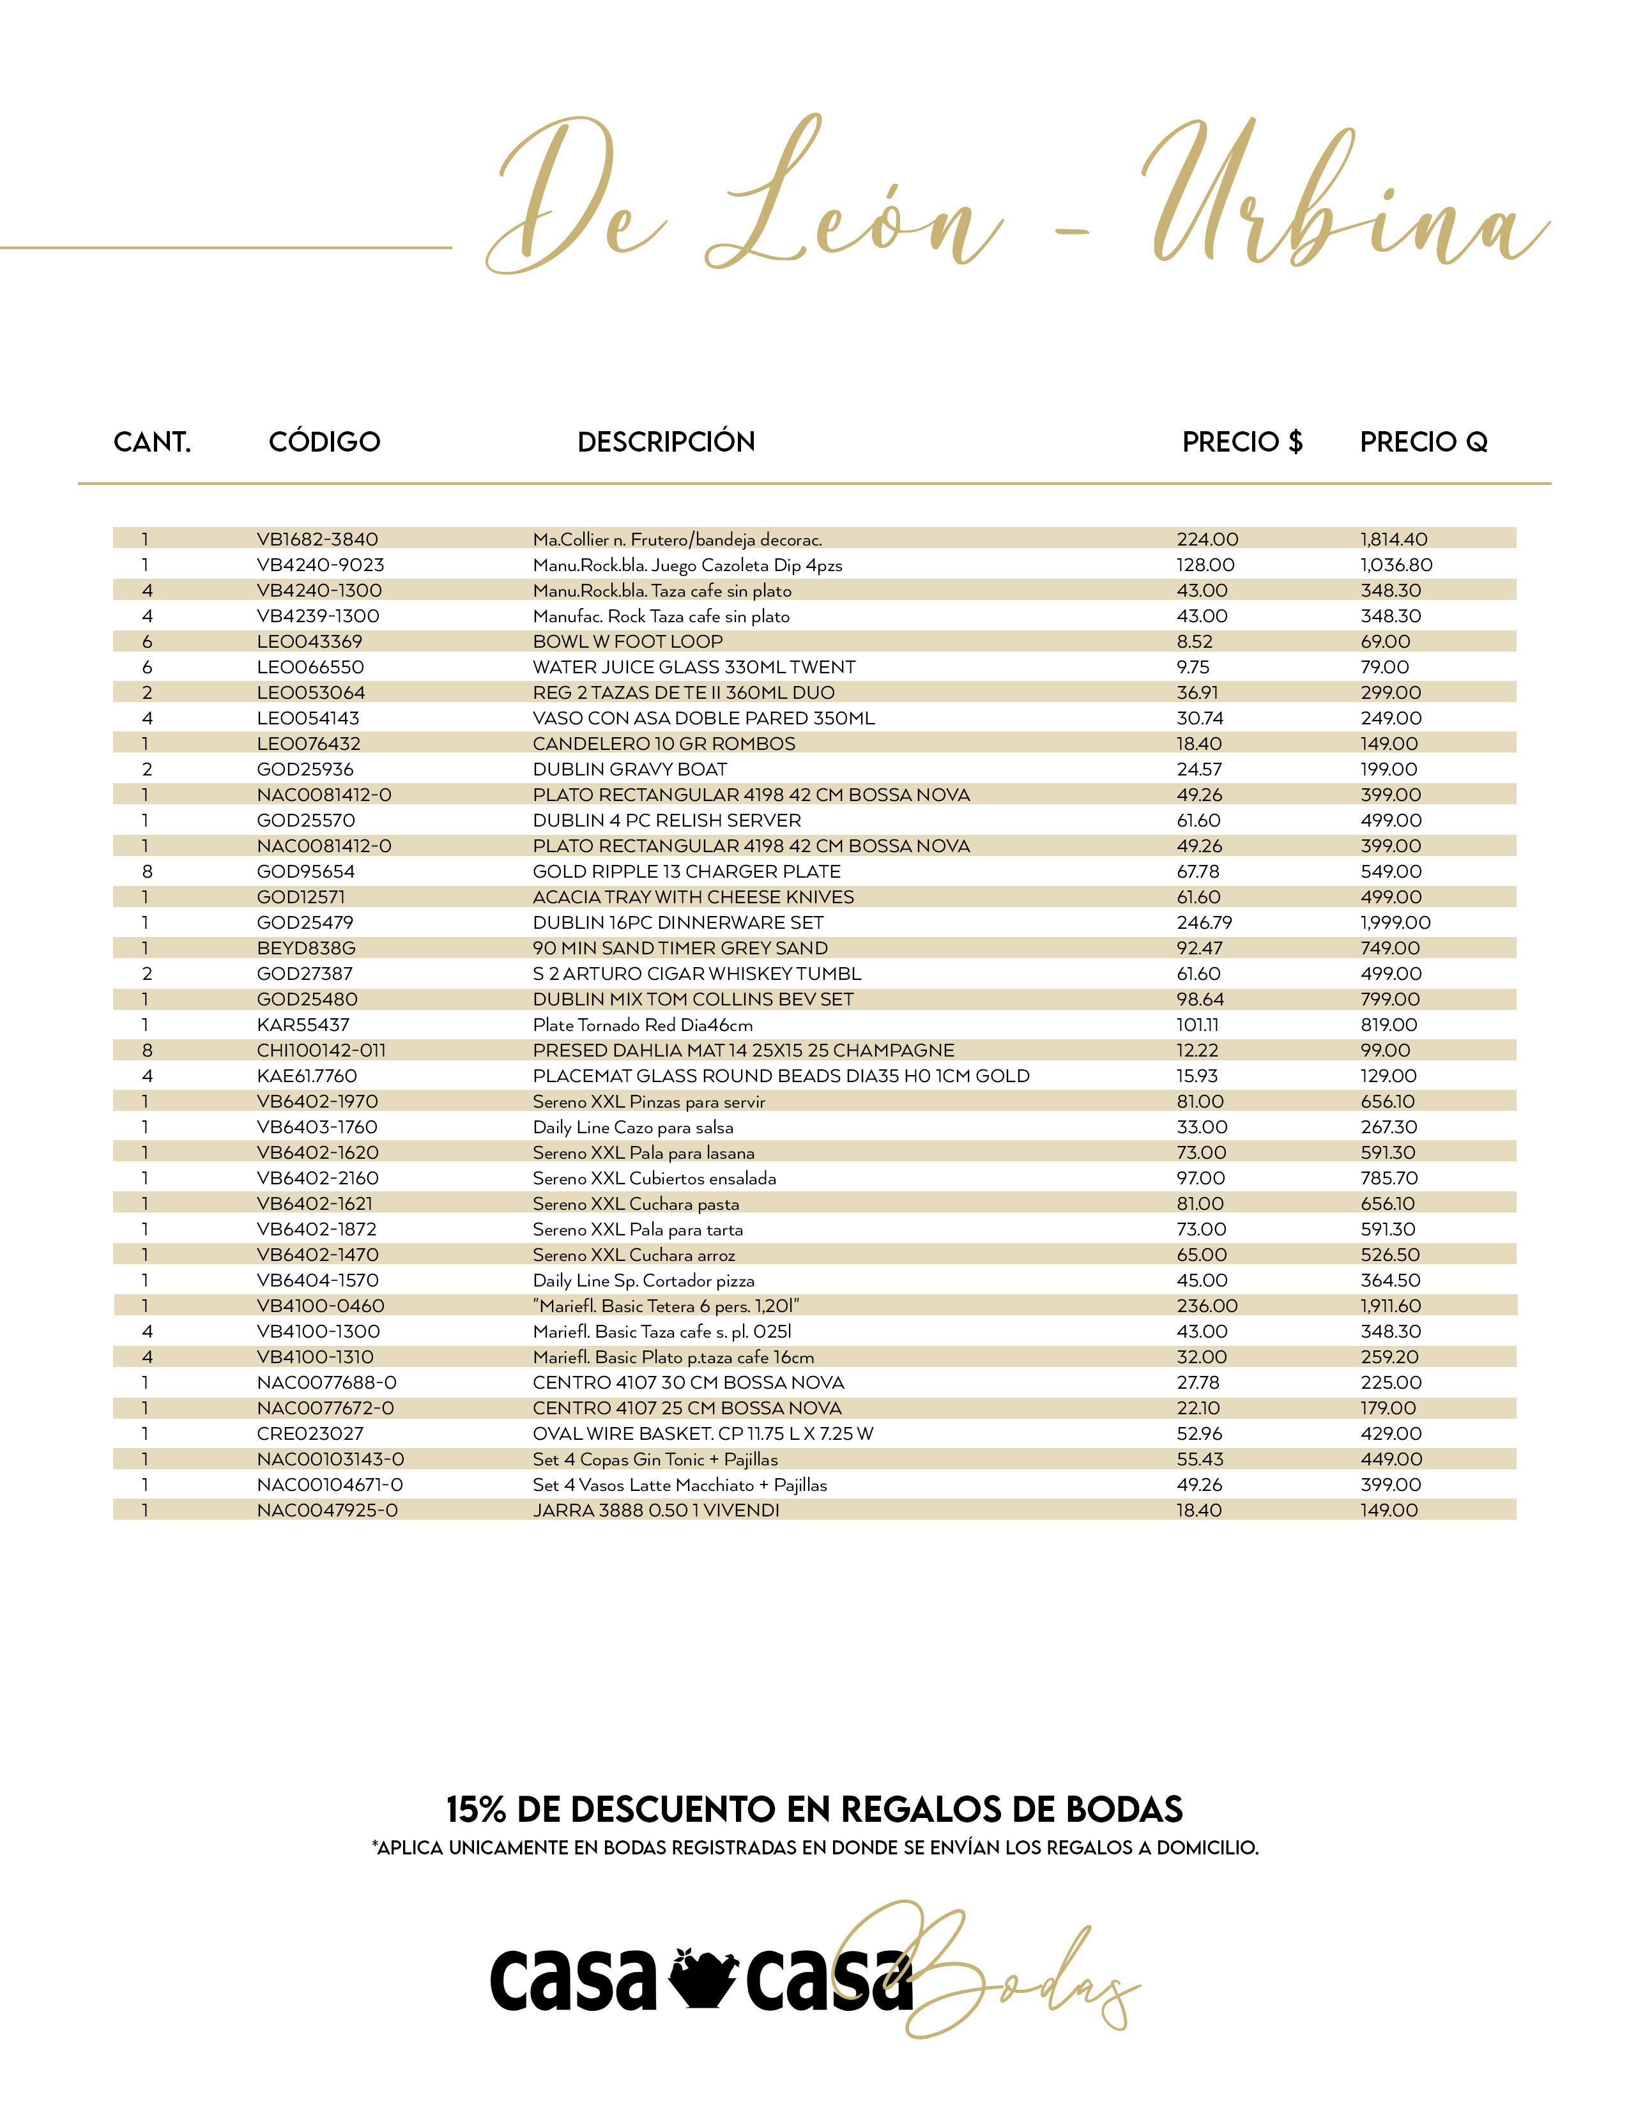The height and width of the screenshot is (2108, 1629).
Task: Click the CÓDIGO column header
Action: [x=325, y=442]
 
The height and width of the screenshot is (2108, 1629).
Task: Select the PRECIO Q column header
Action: [x=1423, y=442]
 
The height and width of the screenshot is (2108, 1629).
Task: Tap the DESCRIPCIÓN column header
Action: [x=666, y=442]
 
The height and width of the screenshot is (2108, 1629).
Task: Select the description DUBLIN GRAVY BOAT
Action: [x=629, y=769]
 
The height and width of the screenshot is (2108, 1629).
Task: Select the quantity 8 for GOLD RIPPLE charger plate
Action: [x=147, y=871]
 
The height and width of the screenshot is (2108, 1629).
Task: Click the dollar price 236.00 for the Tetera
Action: [x=1206, y=1306]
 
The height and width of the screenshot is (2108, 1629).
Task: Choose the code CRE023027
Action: [x=310, y=1433]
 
